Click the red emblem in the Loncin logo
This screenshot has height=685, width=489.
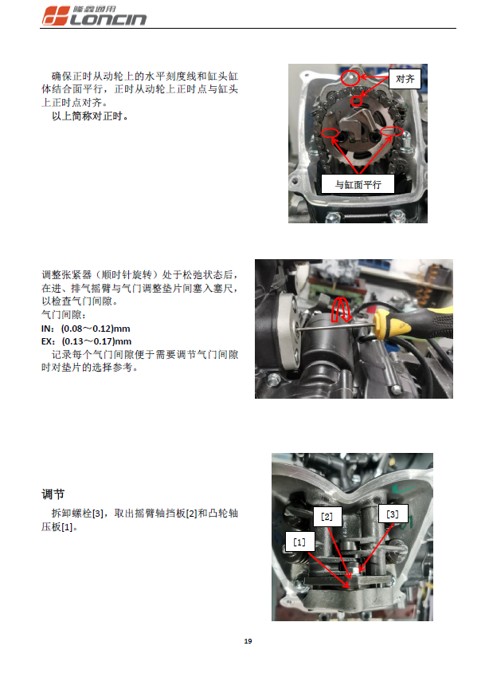point(55,15)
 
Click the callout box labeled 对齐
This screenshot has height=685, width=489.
point(405,79)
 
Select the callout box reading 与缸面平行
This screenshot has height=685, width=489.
point(358,184)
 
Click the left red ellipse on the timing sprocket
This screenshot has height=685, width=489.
point(331,133)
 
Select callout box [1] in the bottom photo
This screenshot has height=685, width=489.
point(299,541)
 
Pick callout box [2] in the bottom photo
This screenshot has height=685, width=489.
point(327,516)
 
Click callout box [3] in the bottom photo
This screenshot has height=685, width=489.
point(392,514)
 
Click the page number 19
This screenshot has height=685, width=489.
point(248,641)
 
